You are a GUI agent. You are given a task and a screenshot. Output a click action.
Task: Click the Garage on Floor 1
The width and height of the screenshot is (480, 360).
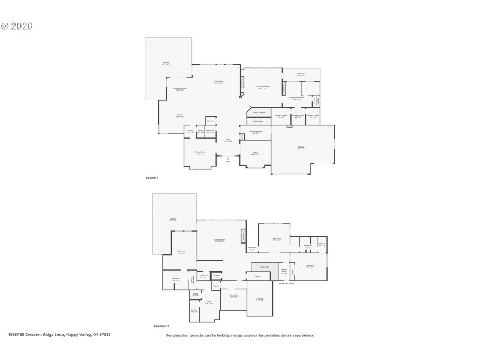[x=301, y=148]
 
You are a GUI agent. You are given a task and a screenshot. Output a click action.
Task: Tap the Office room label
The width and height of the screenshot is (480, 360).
[x=255, y=154]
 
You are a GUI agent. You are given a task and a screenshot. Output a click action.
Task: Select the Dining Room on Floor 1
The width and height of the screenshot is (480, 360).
[x=200, y=154]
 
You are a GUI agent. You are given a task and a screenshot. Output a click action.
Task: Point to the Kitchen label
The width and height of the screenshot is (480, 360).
[x=179, y=116]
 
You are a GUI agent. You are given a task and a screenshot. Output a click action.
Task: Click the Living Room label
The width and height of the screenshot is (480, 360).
[x=219, y=82]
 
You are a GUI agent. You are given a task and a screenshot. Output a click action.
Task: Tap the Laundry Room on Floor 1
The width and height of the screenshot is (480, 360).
[x=256, y=133]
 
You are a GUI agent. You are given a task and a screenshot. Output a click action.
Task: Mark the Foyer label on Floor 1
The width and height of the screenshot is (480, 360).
[x=228, y=140]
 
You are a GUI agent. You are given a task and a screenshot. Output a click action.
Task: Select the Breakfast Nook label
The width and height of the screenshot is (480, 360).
[x=180, y=89]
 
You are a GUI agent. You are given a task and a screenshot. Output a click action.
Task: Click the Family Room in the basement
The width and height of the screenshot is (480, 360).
[x=220, y=241]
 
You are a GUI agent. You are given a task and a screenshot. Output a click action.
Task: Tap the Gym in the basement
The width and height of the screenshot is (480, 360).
[x=209, y=302]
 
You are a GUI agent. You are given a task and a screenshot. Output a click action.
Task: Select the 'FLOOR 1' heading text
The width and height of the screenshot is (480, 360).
[x=152, y=178]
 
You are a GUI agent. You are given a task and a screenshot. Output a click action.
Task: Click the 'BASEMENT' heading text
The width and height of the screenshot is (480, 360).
[x=161, y=326]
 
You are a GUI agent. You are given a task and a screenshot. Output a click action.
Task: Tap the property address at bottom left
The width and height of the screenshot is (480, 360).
[x=59, y=335]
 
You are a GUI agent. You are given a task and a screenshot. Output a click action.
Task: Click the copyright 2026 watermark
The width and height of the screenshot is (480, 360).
[x=17, y=26]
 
